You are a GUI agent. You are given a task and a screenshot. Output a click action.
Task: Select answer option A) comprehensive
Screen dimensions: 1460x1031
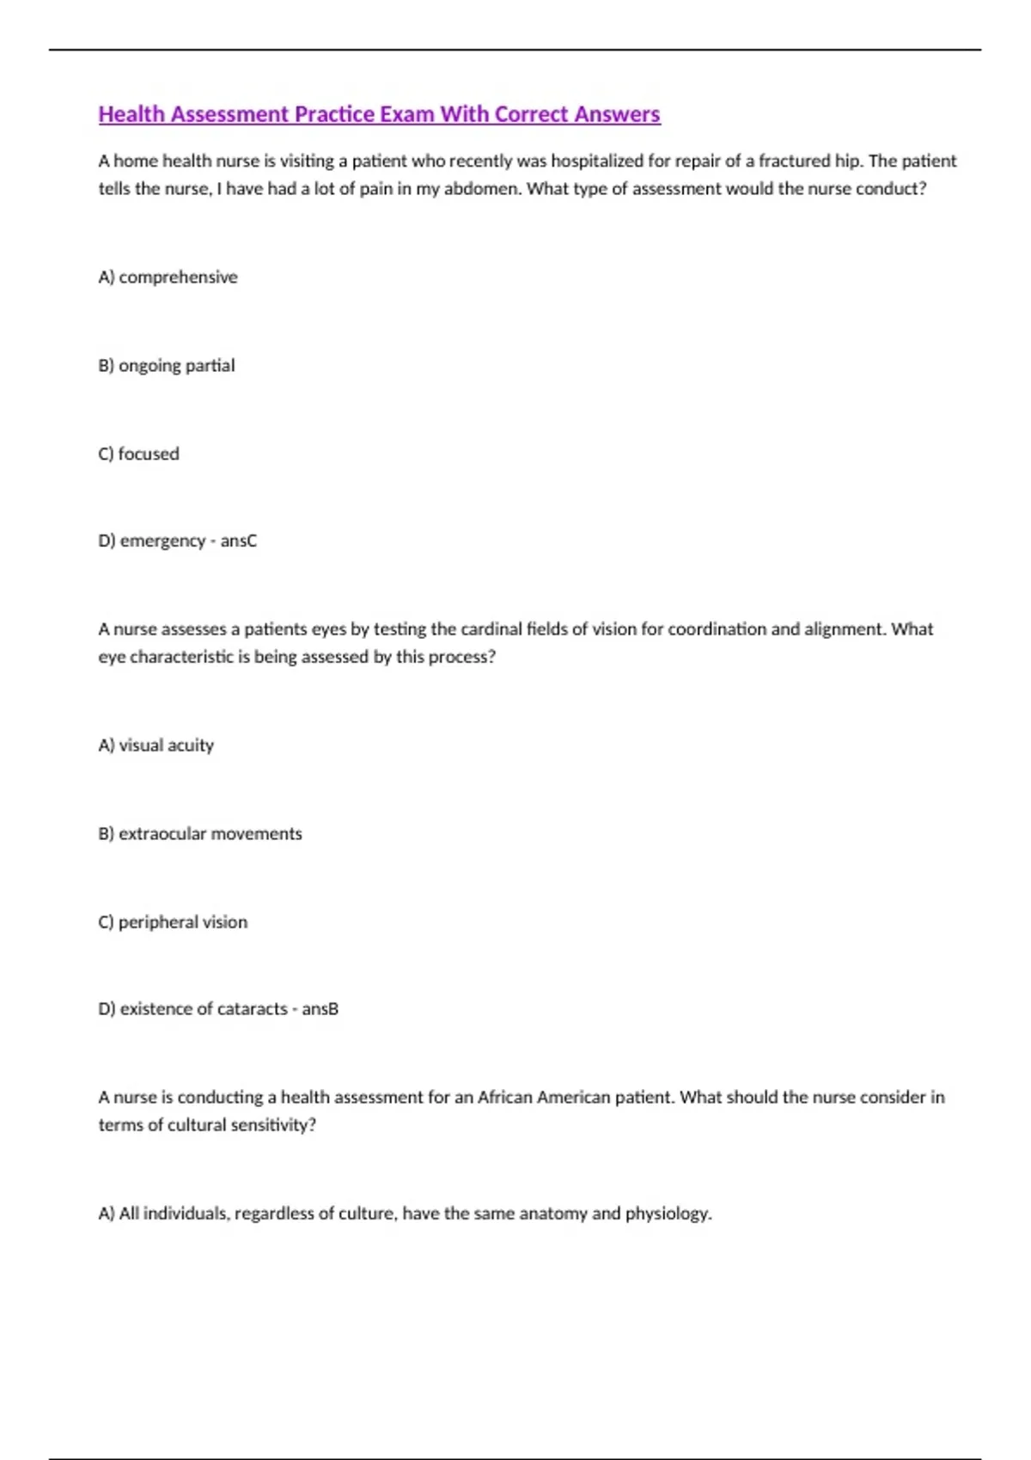tap(168, 277)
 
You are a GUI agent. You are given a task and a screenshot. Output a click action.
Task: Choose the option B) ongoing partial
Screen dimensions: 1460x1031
tap(167, 366)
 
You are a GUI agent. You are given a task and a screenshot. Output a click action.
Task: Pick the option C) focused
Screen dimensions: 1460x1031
tap(139, 453)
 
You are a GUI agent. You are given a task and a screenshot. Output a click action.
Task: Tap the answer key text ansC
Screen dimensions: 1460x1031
tap(239, 541)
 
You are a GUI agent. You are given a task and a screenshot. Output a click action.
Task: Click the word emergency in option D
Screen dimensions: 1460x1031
tap(162, 541)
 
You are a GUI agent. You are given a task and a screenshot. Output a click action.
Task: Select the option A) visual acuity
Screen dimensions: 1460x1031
tap(156, 745)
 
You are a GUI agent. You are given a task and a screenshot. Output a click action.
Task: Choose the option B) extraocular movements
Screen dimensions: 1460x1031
tap(200, 834)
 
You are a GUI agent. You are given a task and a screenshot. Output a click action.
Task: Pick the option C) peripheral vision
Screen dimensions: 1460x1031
tap(173, 922)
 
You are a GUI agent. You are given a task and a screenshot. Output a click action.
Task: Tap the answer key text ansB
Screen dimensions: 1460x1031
tap(320, 1009)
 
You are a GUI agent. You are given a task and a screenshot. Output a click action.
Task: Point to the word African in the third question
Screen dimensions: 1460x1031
tap(505, 1098)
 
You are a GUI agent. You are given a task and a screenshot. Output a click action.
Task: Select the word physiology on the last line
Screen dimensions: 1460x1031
tap(668, 1214)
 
